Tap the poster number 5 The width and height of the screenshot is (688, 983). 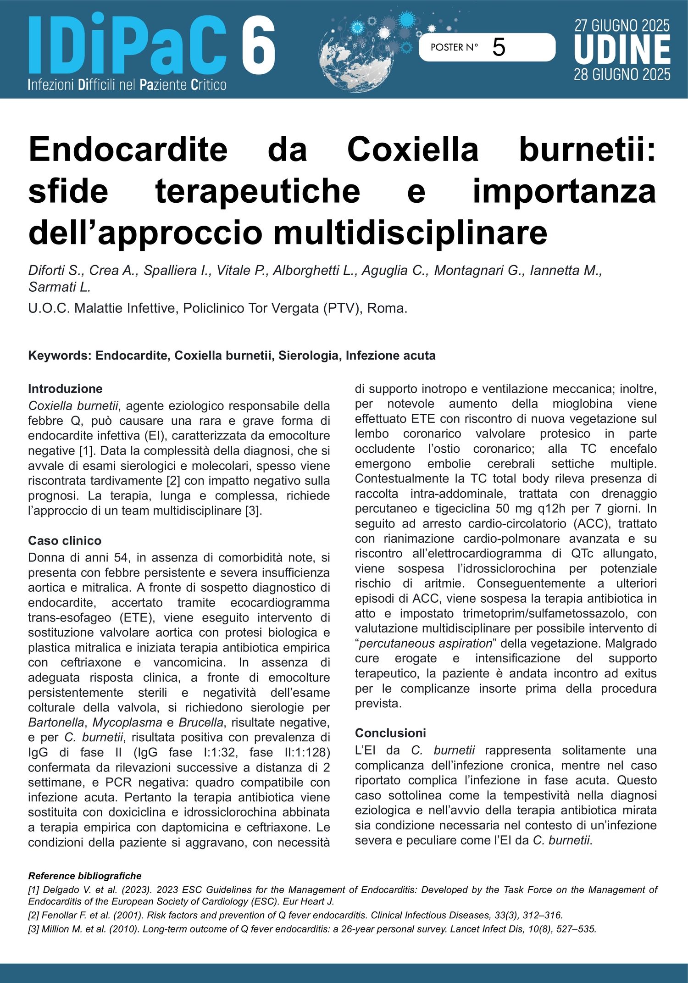tap(498, 47)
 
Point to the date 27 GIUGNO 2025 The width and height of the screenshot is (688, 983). tap(621, 25)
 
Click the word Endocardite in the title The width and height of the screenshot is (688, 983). tap(128, 150)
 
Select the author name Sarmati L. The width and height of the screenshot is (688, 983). tap(60, 287)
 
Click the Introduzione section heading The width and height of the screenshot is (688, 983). tap(65, 389)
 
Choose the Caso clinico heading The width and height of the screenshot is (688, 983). tap(65, 541)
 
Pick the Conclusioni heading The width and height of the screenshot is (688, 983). tap(390, 733)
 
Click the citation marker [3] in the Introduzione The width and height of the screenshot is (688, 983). tap(254, 511)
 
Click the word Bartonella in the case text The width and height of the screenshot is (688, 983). tap(56, 722)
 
